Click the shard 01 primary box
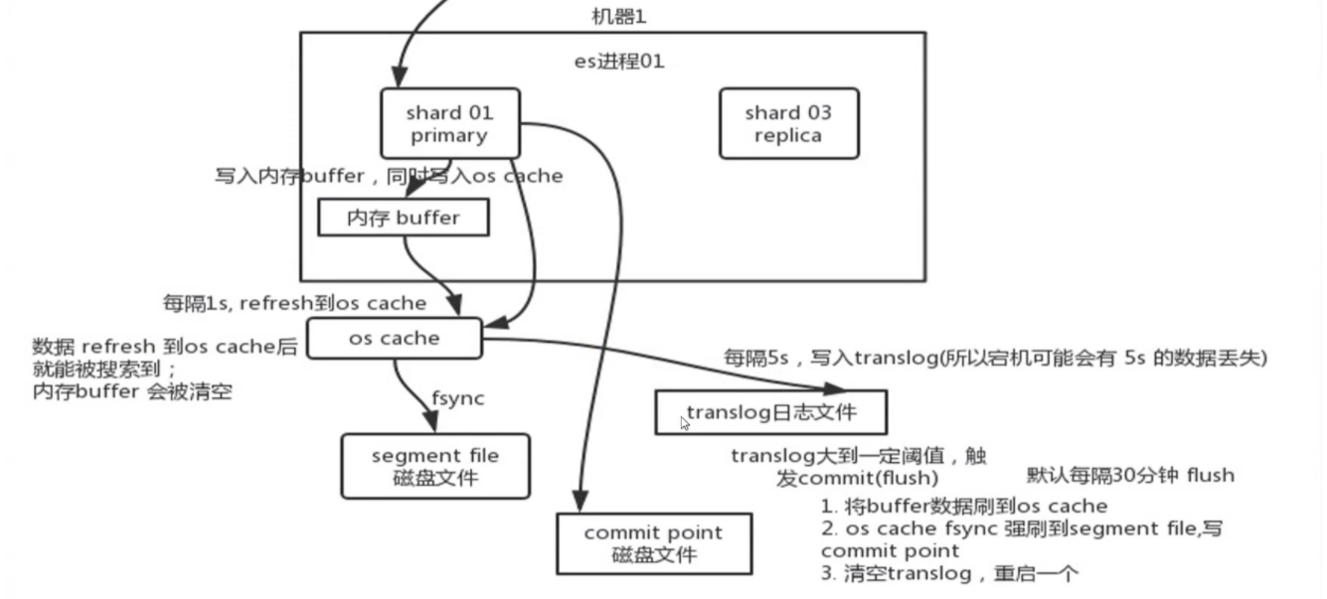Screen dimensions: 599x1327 click(448, 124)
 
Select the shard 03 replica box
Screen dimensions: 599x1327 click(788, 124)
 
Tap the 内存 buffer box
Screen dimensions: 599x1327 click(403, 218)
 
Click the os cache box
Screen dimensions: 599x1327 click(395, 339)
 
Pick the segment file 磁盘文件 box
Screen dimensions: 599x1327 click(435, 466)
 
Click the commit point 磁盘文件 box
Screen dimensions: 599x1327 click(653, 543)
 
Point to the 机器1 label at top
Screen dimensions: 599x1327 click(618, 16)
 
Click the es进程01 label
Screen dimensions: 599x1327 click(619, 62)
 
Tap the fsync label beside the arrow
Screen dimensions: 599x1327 click(457, 398)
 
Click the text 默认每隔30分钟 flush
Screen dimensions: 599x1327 click(1130, 475)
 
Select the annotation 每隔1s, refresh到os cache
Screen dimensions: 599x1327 click(294, 303)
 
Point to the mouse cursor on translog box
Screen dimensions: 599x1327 click(685, 423)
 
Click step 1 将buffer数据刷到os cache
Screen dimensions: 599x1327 click(964, 506)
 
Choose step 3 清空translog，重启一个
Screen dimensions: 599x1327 click(949, 573)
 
